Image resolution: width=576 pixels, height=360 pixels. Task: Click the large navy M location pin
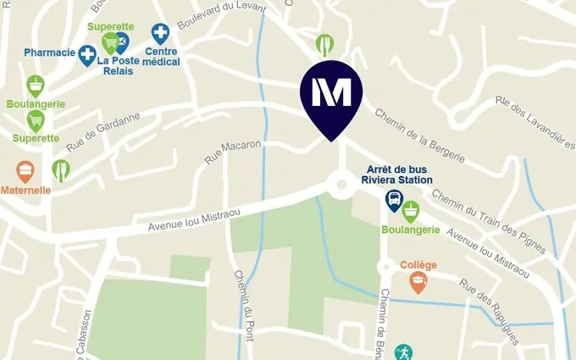coord(331,94)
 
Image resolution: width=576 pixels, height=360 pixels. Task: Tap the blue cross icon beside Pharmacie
coord(87,56)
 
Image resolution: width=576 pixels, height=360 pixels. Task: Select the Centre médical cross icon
coord(160,34)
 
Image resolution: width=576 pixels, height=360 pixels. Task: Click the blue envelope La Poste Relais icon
coord(122,42)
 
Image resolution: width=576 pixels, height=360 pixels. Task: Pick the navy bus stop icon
coord(394,200)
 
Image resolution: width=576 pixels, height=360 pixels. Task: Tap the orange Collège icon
coord(418,283)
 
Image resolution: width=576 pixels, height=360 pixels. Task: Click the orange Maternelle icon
coord(25,173)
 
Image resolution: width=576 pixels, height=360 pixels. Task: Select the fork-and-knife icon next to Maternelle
coord(61,170)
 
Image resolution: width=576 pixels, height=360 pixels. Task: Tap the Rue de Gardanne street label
coord(103,131)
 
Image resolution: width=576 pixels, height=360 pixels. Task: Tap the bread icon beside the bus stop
coord(411,210)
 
